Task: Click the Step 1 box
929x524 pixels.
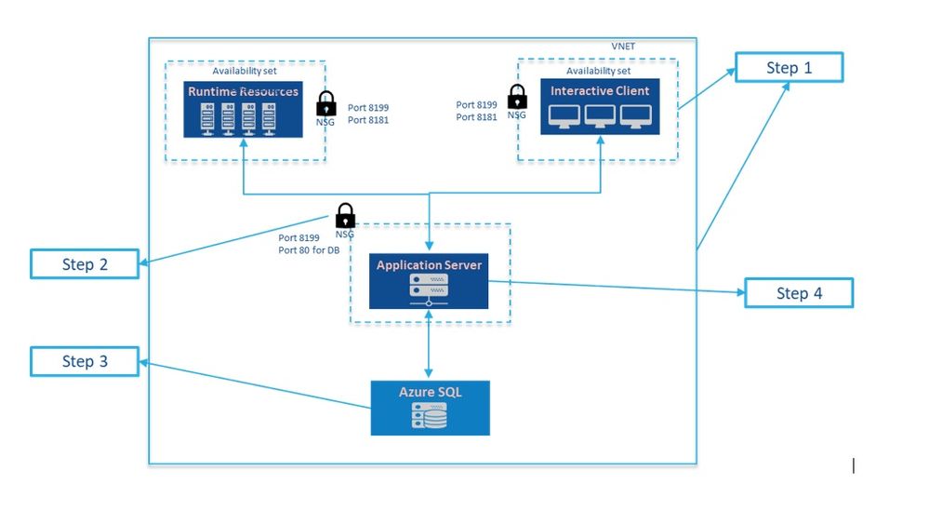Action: click(x=789, y=68)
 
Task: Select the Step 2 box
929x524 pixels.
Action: click(x=85, y=264)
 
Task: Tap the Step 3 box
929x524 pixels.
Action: click(x=85, y=361)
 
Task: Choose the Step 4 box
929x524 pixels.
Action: click(x=799, y=293)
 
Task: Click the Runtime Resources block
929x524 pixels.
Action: click(x=244, y=109)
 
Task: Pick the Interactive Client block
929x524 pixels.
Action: click(x=600, y=107)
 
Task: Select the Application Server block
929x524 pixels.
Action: click(x=429, y=281)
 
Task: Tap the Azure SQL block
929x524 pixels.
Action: click(x=430, y=408)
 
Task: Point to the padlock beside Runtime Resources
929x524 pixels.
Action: click(x=326, y=103)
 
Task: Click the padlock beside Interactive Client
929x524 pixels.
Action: click(x=517, y=98)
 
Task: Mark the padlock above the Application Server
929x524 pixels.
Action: click(x=345, y=216)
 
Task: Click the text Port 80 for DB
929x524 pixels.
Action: click(x=309, y=249)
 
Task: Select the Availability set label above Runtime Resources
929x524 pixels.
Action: click(x=244, y=72)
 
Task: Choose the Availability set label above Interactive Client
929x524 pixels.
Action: click(x=598, y=71)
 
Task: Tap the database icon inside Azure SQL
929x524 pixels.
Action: click(x=429, y=416)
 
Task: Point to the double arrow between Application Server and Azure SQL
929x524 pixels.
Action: click(x=429, y=345)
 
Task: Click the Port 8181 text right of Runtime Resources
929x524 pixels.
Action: click(x=368, y=120)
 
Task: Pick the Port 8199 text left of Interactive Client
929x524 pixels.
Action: click(x=477, y=105)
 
